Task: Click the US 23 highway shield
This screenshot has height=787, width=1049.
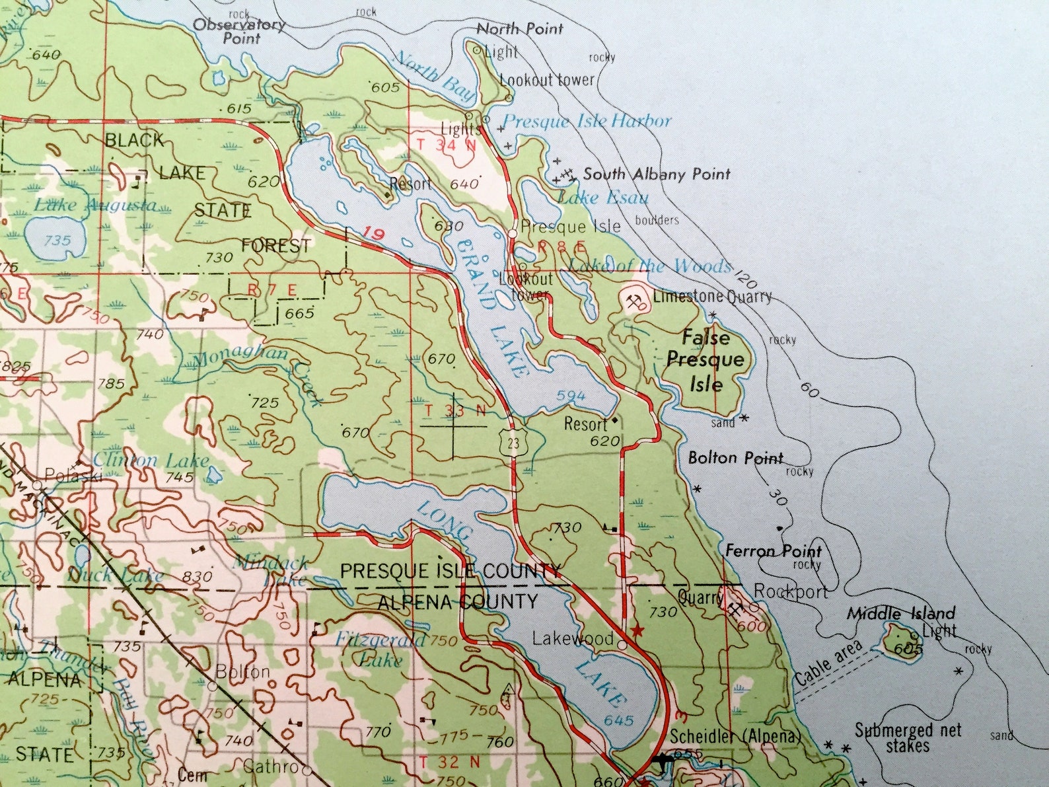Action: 513,441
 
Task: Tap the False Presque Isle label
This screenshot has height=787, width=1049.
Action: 705,361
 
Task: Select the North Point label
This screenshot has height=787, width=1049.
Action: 520,28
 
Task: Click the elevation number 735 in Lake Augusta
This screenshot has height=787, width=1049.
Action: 57,241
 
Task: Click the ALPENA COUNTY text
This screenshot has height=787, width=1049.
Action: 458,602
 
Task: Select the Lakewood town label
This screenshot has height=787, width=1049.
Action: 573,638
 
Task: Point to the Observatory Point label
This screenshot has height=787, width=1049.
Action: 240,31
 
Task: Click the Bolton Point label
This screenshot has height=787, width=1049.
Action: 735,457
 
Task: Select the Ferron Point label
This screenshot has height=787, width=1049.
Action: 773,550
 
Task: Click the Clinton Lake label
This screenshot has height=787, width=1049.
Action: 151,460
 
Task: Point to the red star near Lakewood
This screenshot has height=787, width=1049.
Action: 637,630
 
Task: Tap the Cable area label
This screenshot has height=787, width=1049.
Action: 828,663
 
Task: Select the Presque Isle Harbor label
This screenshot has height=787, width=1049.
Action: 587,121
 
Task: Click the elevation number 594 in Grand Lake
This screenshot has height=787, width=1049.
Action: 571,396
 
